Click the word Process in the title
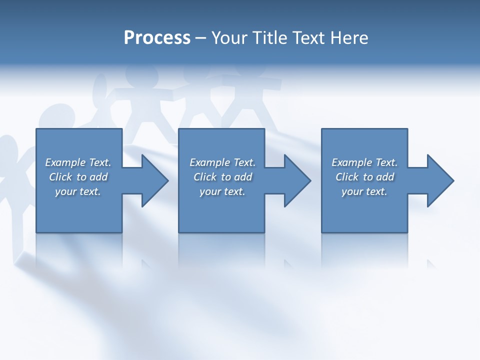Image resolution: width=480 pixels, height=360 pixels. click(x=157, y=38)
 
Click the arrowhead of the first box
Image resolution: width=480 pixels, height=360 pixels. click(x=154, y=180)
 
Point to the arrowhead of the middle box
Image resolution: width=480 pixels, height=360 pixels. click(x=297, y=180)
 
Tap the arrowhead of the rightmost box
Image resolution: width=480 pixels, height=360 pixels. click(x=440, y=180)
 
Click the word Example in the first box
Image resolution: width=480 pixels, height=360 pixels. click(x=65, y=162)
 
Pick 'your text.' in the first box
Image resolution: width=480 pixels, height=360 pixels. click(x=78, y=191)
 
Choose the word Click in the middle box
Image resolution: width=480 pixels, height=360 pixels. click(x=205, y=177)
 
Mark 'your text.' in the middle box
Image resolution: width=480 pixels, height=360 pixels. click(x=222, y=191)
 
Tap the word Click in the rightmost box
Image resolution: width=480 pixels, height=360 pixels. click(x=347, y=177)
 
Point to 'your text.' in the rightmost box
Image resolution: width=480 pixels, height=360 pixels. click(x=364, y=191)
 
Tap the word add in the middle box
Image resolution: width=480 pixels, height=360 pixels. click(x=242, y=177)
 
